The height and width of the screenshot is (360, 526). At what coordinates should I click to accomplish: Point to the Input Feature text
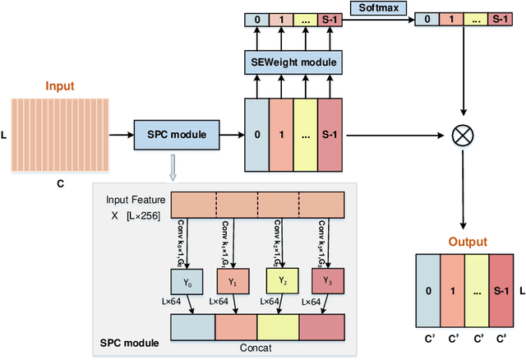[x=136, y=200]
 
